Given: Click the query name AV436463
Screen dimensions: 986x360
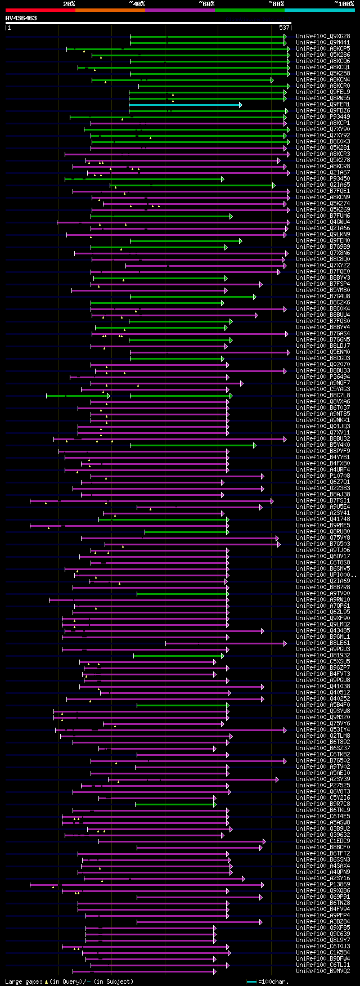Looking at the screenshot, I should [x=21, y=18].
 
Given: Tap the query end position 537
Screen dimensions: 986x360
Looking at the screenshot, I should [x=284, y=28].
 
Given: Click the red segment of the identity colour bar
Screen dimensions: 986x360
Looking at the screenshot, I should [x=40, y=10].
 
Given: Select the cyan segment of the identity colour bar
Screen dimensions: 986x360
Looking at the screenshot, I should [x=319, y=10].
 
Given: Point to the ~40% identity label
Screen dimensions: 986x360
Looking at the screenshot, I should [x=137, y=4].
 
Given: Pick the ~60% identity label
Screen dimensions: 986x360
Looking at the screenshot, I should [x=206, y=4].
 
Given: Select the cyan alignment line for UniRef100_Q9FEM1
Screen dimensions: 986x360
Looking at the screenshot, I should [x=185, y=105].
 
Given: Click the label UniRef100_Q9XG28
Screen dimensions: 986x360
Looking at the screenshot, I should [x=323, y=37].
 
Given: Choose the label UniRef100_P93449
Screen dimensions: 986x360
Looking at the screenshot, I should [x=323, y=117].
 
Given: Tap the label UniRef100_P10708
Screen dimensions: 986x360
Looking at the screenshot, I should [x=323, y=476].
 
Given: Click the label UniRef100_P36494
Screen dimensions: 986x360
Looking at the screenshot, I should [x=323, y=377].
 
